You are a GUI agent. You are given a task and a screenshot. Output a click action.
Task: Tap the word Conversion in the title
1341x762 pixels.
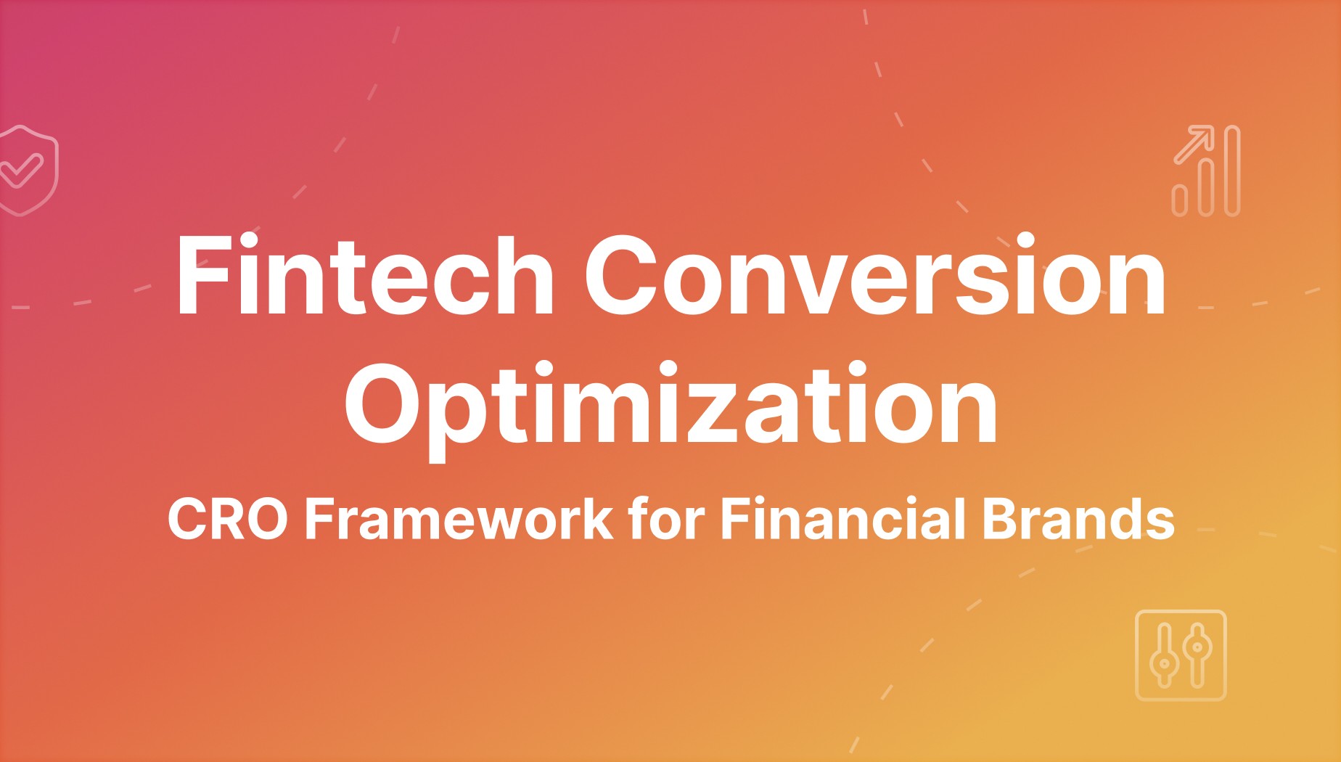click(x=875, y=276)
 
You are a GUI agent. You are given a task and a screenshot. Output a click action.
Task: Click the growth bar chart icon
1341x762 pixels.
click(x=1206, y=171)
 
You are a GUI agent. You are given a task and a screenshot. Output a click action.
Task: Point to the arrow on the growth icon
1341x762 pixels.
click(x=1194, y=143)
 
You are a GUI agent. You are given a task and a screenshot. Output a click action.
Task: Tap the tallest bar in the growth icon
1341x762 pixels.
click(x=1231, y=171)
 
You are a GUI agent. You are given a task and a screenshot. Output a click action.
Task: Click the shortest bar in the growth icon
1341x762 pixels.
click(x=1181, y=200)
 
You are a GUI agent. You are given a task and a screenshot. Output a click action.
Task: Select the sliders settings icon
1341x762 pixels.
click(x=1181, y=655)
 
